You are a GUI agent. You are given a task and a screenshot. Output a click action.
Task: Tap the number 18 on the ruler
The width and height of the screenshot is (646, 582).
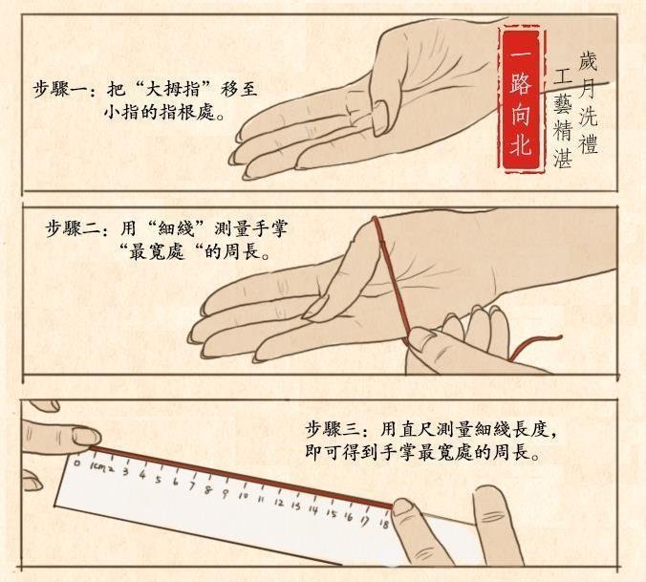[x=385, y=525]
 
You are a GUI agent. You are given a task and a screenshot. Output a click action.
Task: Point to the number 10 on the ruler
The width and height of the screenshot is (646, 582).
[x=243, y=496]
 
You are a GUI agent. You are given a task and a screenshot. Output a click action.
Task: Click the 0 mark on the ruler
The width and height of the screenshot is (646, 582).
[x=77, y=463]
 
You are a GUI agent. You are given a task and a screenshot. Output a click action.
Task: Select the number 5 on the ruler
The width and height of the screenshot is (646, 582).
[x=158, y=479]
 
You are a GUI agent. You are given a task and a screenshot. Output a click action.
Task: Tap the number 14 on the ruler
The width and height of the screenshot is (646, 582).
[x=313, y=510]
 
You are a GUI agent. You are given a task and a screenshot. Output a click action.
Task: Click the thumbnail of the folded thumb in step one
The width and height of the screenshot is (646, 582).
[x=380, y=119]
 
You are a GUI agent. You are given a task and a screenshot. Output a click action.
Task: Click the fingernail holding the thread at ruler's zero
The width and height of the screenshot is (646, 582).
[x=87, y=437]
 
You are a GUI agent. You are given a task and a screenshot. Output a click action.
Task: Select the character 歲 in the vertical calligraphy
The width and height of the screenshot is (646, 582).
[x=587, y=62]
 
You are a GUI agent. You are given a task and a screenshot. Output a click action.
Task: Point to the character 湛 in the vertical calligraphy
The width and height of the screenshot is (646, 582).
[x=563, y=158]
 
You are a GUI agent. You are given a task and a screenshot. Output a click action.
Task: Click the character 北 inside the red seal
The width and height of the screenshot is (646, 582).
[x=521, y=145]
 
